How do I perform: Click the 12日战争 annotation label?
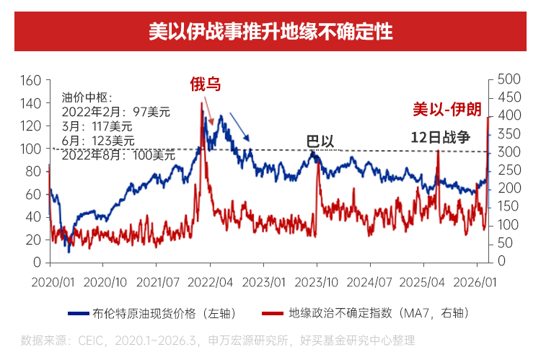click(x=440, y=137)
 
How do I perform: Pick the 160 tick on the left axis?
click(x=32, y=80)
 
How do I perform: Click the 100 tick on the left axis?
click(x=32, y=148)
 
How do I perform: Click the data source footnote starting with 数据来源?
click(x=218, y=339)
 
